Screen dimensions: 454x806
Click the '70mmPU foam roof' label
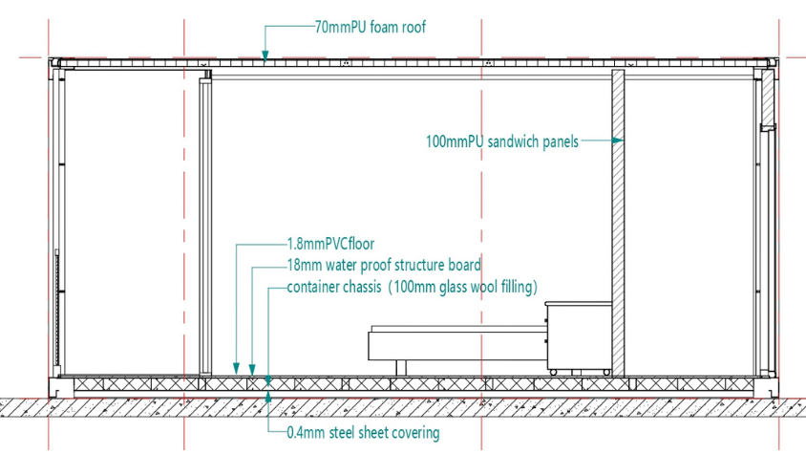(369, 28)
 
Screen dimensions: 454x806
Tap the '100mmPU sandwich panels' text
(501, 141)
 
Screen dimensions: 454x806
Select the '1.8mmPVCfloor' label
(325, 245)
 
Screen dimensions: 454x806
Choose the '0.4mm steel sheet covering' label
(363, 433)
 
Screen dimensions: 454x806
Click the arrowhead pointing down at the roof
(266, 55)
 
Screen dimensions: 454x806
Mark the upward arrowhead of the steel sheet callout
(268, 386)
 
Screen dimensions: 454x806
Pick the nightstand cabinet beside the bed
(577, 338)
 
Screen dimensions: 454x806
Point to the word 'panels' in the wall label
(556, 141)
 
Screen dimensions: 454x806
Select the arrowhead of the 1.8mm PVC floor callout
(238, 367)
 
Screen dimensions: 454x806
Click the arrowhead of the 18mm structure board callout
(252, 367)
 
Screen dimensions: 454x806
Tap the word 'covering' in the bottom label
(414, 433)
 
